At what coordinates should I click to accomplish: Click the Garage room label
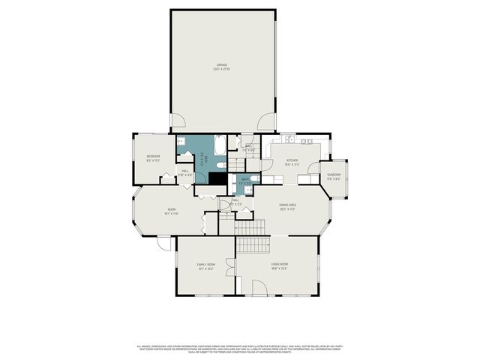(x=223, y=65)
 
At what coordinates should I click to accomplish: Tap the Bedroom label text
(x=153, y=156)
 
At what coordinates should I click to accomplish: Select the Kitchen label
(x=292, y=160)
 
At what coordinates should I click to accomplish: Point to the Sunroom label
(x=334, y=175)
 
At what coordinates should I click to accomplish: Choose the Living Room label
(x=279, y=265)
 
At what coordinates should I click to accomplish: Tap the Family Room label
(x=205, y=265)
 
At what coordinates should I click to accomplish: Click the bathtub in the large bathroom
(x=220, y=144)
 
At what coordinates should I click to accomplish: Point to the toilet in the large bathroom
(x=221, y=164)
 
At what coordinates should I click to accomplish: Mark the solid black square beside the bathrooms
(x=217, y=179)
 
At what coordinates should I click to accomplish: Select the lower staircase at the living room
(x=253, y=244)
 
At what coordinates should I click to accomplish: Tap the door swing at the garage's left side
(x=178, y=120)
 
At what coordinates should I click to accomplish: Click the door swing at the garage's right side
(x=266, y=122)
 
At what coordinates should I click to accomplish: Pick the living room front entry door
(x=259, y=287)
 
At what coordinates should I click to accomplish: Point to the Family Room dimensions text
(x=205, y=268)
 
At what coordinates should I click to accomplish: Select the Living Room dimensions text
(x=279, y=268)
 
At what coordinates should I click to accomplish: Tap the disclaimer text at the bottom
(x=240, y=348)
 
